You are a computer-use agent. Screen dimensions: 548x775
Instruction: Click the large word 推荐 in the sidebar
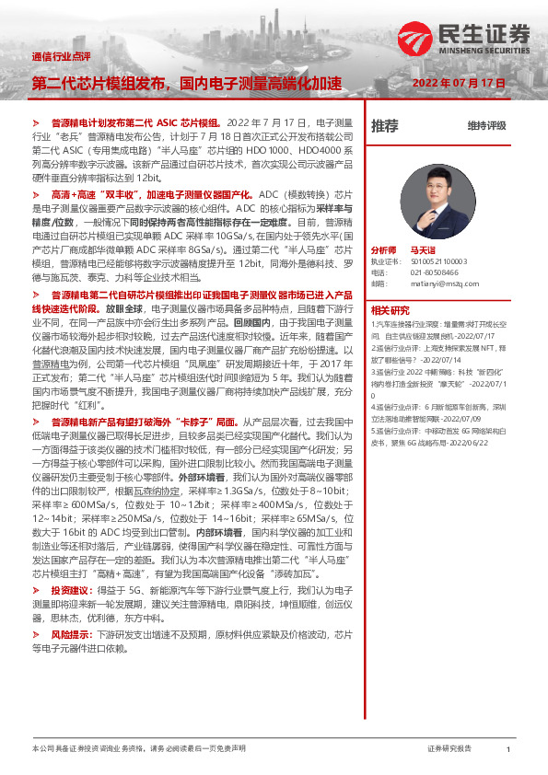coord(384,125)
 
